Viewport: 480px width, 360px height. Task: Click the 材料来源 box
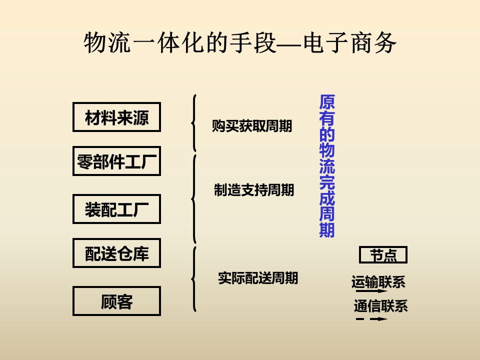(116, 117)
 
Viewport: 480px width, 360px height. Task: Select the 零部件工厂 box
(116, 161)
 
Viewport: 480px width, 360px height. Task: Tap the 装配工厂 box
(116, 209)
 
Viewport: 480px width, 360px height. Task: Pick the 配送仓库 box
(116, 253)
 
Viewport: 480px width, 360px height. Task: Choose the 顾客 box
(116, 301)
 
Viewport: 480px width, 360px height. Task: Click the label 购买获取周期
(252, 126)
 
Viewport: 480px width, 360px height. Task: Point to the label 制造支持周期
(254, 190)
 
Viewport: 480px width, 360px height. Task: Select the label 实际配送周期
(258, 278)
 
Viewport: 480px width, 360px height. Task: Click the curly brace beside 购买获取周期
(193, 122)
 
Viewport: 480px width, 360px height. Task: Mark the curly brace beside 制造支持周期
(193, 198)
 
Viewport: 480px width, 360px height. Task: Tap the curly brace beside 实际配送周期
(193, 278)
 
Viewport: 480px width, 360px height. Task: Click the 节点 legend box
(383, 255)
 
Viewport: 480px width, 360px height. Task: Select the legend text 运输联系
(378, 282)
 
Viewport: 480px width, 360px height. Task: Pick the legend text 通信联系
(380, 305)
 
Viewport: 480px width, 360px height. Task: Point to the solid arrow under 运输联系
(371, 291)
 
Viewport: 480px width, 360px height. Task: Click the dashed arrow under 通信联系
(371, 318)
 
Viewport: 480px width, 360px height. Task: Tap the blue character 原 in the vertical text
(327, 103)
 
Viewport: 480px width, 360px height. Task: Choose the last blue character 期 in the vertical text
(327, 230)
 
